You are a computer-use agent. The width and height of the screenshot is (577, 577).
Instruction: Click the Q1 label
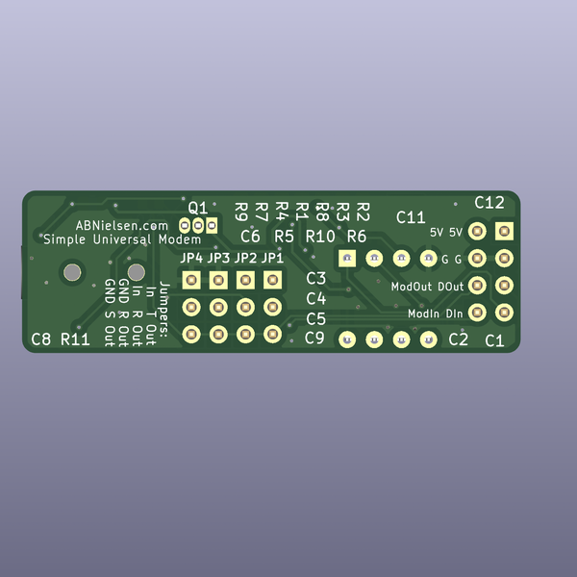click(x=197, y=207)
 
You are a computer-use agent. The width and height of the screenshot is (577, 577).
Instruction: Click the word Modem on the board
click(x=180, y=239)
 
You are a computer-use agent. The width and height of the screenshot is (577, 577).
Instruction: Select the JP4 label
click(x=191, y=259)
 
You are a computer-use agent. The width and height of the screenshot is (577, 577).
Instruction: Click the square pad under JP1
click(x=273, y=280)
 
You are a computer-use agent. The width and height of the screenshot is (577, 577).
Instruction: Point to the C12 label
click(x=489, y=203)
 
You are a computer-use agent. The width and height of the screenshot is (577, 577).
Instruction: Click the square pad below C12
click(x=503, y=232)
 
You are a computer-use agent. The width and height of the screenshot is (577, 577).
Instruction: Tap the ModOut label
click(x=413, y=287)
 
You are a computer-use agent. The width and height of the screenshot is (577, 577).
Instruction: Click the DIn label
click(x=455, y=314)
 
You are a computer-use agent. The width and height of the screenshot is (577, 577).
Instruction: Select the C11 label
click(x=411, y=217)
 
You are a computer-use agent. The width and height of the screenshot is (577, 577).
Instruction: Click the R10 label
click(x=320, y=237)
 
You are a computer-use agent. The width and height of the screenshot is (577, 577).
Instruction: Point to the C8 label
click(x=41, y=339)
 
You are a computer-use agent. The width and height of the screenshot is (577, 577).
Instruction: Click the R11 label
click(x=75, y=339)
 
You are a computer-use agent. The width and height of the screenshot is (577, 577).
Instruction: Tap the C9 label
click(x=314, y=338)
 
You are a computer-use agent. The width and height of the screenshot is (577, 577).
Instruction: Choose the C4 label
click(x=316, y=299)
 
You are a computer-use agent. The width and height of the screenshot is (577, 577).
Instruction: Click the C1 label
click(x=494, y=340)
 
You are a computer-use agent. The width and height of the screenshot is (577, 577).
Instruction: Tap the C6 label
click(x=250, y=237)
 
